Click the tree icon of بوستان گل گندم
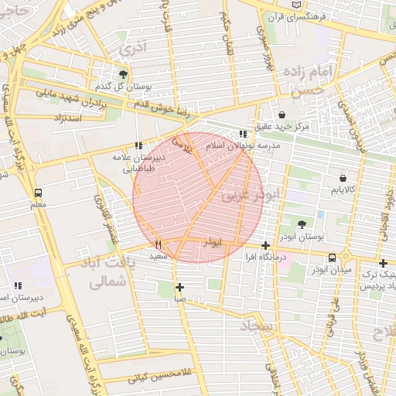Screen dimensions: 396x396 click(124, 74)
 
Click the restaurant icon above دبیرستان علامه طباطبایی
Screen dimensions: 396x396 click(138, 145)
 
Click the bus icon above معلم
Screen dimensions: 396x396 click(38, 192)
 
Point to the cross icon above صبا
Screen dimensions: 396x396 click(179, 286)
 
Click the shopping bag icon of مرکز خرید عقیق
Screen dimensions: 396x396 click(282, 113)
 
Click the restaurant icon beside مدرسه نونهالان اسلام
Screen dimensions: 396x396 click(244, 135)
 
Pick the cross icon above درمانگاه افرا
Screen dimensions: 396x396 click(265, 245)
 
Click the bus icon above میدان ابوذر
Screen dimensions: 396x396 click(332, 258)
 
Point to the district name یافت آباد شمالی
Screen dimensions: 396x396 click(108, 273)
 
